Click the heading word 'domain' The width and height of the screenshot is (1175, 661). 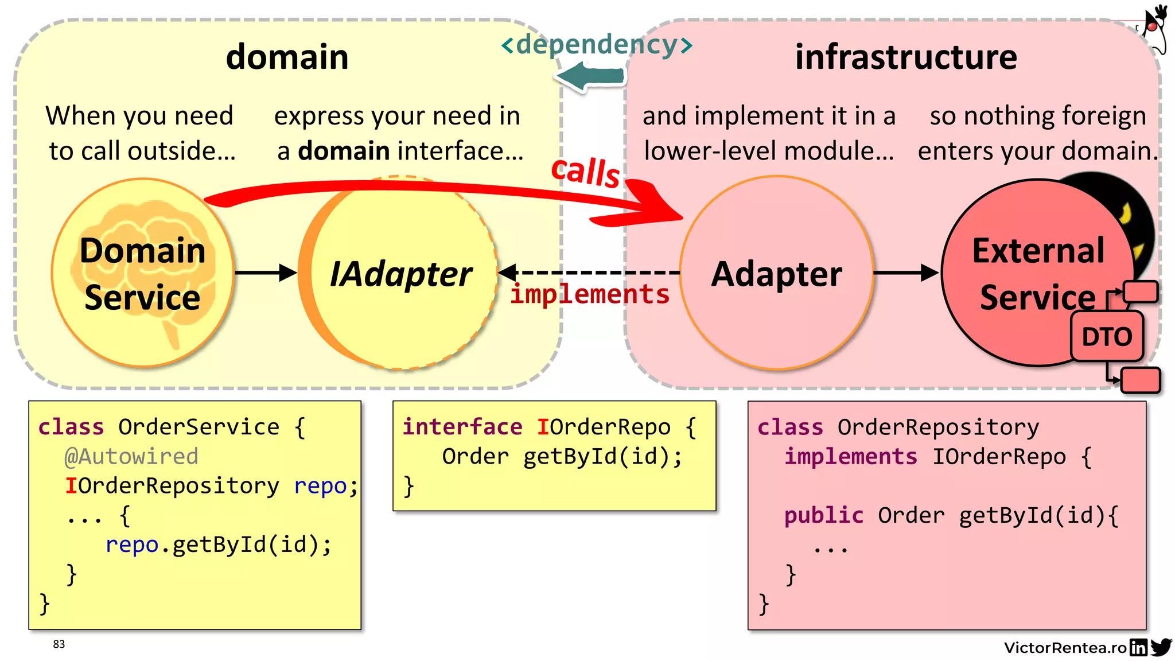287,57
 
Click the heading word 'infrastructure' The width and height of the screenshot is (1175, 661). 906,57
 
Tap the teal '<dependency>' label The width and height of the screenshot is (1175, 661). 597,44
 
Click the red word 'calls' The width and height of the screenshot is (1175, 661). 585,171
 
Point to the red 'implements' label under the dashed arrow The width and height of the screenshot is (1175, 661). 590,294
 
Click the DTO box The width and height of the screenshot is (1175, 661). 1107,337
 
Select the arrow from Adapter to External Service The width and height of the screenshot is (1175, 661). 905,273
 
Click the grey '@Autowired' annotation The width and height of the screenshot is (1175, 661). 131,457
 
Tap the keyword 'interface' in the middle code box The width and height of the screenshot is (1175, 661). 462,427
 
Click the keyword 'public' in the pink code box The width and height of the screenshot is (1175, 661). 823,515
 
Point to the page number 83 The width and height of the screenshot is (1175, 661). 59,644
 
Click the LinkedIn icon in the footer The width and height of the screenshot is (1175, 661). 1138,648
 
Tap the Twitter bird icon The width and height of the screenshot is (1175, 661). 1161,647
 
